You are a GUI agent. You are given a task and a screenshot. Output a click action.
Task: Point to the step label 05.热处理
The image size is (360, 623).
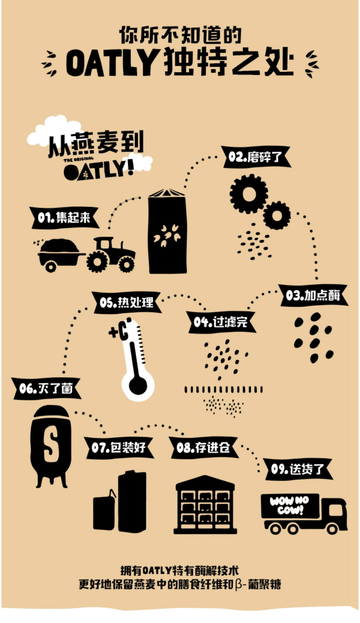[127, 303]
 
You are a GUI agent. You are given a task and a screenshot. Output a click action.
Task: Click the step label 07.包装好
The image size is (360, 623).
[119, 447]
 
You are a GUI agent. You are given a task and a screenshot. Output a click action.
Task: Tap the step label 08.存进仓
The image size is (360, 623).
[203, 447]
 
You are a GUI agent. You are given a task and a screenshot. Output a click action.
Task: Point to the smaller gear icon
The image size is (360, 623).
[277, 215]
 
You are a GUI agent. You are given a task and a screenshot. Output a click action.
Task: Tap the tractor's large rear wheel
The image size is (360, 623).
[98, 261]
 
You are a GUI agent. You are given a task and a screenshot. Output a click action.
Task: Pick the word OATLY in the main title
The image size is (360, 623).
[112, 62]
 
